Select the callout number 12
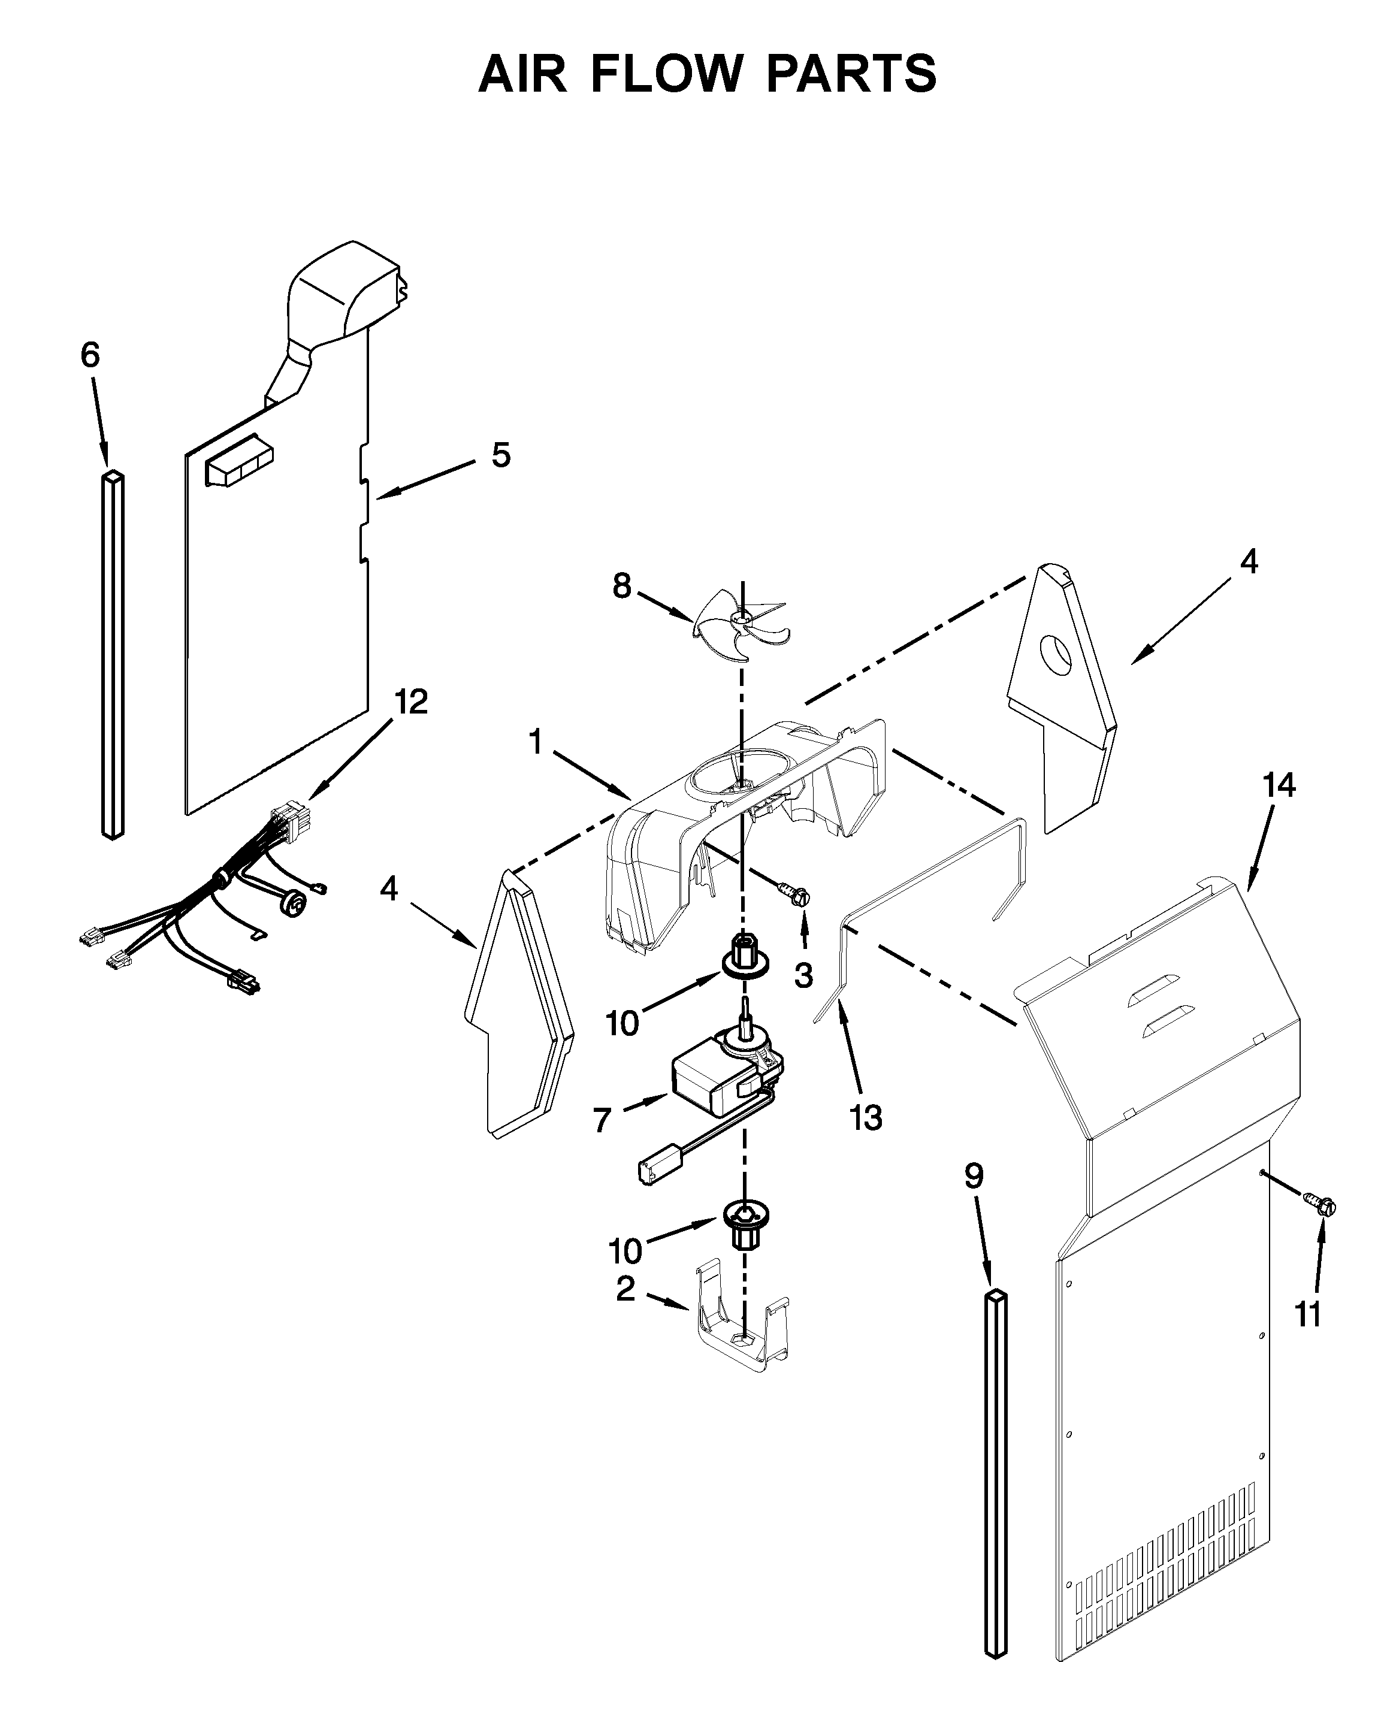point(410,702)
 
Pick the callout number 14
point(1279,785)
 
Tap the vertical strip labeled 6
point(113,655)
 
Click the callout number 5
point(500,455)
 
